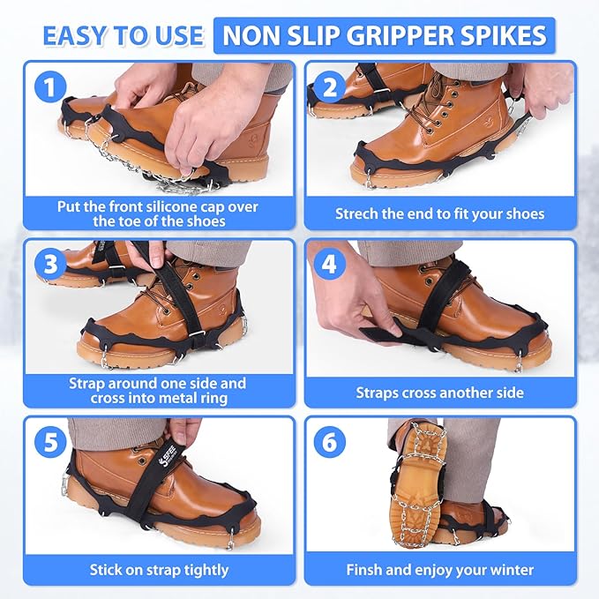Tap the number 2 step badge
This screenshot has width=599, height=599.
(329, 86)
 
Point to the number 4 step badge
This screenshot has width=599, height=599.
(329, 263)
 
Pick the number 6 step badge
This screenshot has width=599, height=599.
(329, 441)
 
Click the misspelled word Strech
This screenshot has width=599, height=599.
(358, 213)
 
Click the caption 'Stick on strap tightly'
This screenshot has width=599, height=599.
(159, 570)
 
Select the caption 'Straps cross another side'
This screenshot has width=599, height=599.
(439, 393)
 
